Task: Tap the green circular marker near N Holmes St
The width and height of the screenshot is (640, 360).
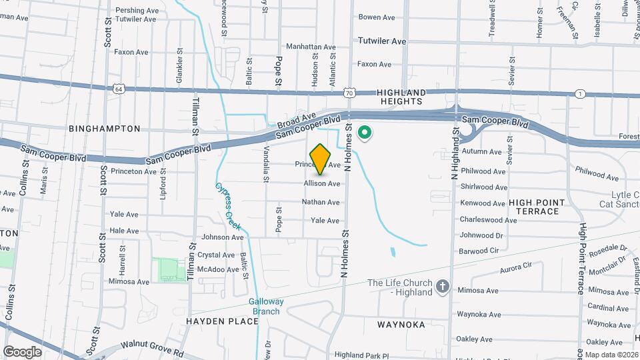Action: point(365,133)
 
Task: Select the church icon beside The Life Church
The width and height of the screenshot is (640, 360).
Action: point(441,287)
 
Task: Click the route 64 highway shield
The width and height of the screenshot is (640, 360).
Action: point(118,88)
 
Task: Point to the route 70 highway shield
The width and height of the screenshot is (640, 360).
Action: point(349,93)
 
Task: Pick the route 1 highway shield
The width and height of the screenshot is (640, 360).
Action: point(581,94)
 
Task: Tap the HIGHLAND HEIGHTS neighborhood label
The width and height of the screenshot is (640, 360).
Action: point(400,97)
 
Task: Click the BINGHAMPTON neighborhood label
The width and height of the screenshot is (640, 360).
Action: point(105,128)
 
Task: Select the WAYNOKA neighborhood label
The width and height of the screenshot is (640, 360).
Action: point(401,324)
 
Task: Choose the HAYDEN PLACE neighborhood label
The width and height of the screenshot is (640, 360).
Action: point(223,321)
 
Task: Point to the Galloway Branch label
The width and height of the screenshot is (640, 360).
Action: point(267,306)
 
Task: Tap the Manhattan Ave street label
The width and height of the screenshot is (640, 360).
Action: point(311,47)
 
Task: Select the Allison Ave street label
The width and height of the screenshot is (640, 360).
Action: point(322,183)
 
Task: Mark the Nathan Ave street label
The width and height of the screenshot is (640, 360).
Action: point(321,202)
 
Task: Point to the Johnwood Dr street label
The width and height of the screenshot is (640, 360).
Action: point(481,235)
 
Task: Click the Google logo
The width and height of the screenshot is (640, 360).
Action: point(22,352)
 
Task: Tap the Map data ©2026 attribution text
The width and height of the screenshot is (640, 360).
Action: point(612,355)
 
